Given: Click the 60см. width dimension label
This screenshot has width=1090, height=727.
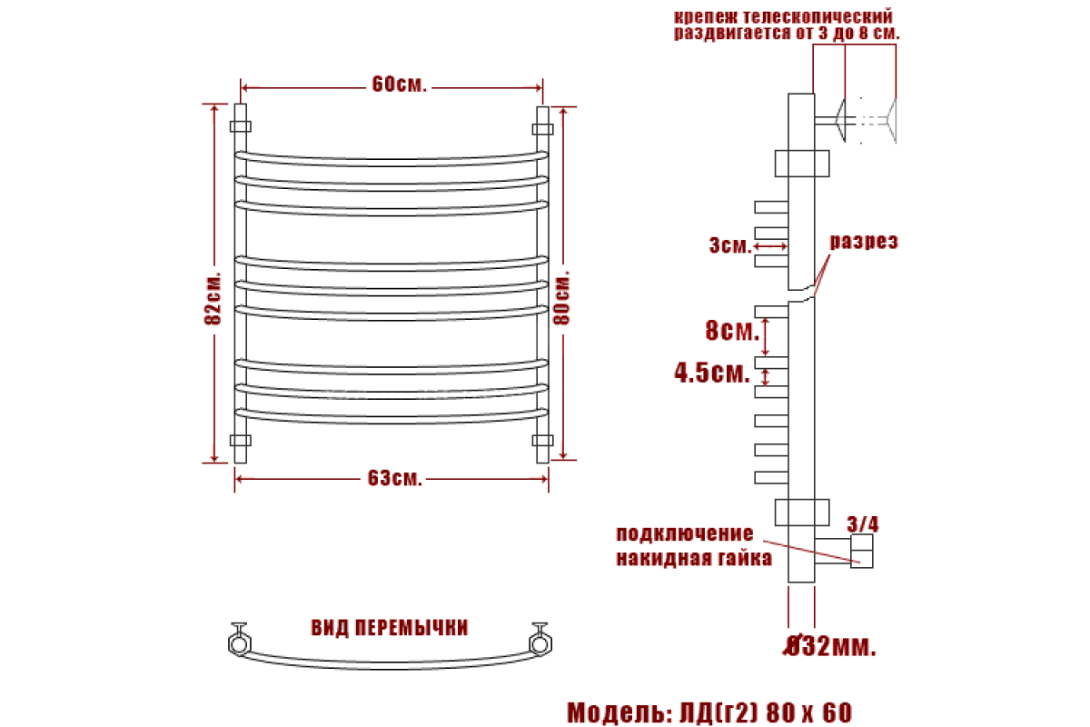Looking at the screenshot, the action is click(399, 85).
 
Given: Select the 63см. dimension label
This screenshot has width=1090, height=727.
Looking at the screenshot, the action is click(394, 478).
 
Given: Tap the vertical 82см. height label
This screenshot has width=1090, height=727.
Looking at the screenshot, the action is click(213, 298).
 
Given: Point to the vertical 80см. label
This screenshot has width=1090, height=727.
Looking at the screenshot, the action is click(561, 297).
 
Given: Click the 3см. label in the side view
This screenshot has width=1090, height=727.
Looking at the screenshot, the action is click(730, 245).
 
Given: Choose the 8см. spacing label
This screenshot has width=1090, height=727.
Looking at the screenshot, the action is click(732, 330).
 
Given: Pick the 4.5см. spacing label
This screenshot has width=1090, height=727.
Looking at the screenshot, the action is click(712, 373).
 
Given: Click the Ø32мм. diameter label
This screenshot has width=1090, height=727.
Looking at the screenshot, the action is click(830, 647).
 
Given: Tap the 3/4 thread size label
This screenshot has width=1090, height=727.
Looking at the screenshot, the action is click(863, 524).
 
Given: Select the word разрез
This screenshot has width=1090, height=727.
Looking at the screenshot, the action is click(864, 242).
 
